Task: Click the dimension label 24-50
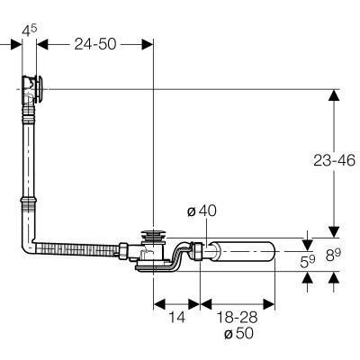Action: coord(95,44)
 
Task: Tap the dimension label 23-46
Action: coord(334,160)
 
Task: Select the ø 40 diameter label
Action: coord(202,211)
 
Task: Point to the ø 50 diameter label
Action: coord(238,333)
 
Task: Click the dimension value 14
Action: coord(177,317)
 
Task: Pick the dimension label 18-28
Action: coord(237,317)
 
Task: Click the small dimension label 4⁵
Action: coord(30,31)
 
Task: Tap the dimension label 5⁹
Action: coord(308,262)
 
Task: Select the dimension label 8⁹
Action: coord(333,256)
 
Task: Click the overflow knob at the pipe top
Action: coord(40,89)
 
